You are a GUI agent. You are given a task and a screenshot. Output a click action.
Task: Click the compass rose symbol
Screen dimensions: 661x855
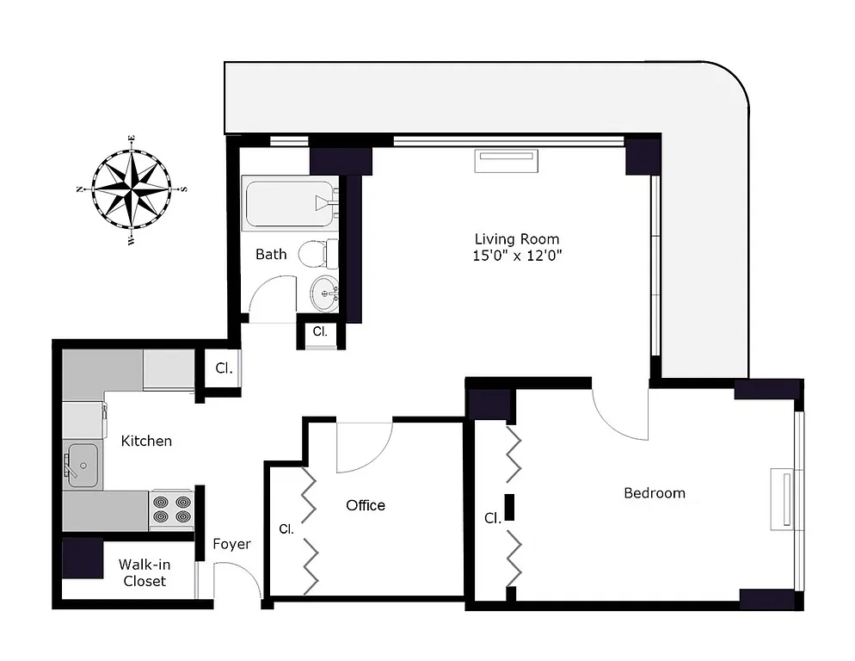pos(132,188)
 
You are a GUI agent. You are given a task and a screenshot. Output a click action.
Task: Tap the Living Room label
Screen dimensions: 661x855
pos(516,239)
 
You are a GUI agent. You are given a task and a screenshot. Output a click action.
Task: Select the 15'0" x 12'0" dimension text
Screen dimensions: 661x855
pos(516,256)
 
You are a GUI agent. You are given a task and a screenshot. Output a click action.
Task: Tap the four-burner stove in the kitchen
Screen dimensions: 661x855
pos(171,510)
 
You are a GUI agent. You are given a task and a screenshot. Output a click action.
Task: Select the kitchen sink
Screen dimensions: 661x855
pos(83,465)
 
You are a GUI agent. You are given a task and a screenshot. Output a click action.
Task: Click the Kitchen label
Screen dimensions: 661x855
pos(146,441)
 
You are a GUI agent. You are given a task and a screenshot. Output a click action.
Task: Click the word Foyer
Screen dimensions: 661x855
pos(231,544)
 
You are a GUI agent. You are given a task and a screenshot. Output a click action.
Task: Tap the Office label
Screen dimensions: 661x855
pos(366,505)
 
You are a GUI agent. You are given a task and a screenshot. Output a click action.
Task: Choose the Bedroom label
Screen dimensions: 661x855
pos(655,493)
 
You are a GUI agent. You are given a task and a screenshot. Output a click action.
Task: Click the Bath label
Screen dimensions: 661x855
pos(271,254)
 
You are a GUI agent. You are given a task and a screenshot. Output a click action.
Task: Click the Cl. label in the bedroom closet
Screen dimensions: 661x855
pos(492,518)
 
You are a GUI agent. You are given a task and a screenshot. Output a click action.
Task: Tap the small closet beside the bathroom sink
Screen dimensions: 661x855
pos(320,332)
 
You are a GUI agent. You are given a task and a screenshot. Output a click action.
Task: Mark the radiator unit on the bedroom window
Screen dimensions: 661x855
pos(784,497)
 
